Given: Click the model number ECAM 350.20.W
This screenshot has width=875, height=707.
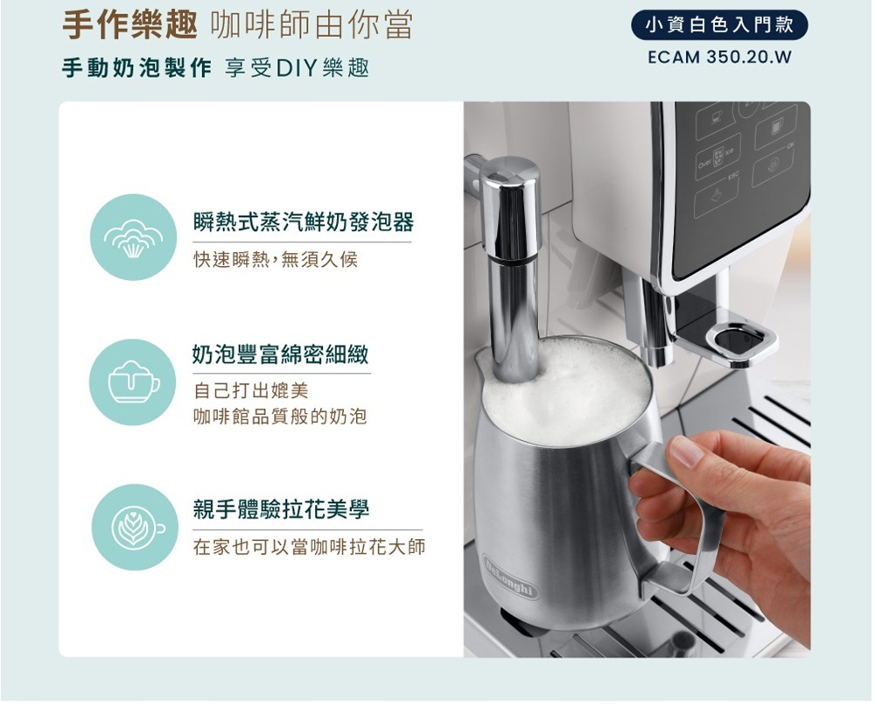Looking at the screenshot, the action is coord(719,58).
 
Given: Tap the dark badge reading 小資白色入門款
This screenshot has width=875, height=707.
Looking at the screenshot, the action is coord(719,25).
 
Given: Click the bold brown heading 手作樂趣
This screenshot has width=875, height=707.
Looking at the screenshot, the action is coord(129,25).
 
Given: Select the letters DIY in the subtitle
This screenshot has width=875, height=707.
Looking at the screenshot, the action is coord(296,68).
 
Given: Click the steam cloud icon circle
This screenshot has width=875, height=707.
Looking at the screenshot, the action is coord(133,237).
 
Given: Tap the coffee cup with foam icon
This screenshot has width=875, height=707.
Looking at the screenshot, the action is coord(133,382).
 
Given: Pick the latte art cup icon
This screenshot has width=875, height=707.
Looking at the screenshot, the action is coord(134,528).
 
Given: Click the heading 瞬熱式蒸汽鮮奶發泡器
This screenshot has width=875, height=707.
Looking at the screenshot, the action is coord(303,222).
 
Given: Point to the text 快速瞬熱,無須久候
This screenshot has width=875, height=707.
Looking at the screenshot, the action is coord(275,260).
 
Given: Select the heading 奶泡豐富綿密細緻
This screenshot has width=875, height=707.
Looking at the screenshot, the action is coord(281,353).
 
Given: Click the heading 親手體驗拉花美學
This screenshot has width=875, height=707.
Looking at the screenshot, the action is coord(281,509).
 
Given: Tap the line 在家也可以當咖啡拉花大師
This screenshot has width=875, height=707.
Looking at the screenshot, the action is coord(309,547).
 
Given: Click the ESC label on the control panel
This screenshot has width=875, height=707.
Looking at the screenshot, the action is coord(732,177).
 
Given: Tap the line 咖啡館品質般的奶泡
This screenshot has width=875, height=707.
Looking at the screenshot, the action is coord(280,416).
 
